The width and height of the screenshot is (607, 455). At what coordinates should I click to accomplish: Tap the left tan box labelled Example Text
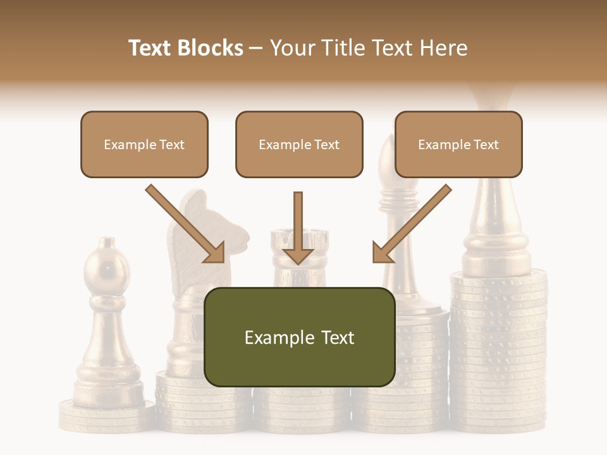click(144, 144)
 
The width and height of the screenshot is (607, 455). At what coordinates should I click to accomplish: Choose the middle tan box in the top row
click(299, 144)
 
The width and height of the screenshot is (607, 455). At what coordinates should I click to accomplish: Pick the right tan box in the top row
click(458, 144)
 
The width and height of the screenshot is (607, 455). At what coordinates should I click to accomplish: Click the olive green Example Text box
click(299, 337)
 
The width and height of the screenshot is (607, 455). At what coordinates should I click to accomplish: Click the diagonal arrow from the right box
click(412, 224)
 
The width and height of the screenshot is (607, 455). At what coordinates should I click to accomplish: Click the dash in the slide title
click(256, 48)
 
